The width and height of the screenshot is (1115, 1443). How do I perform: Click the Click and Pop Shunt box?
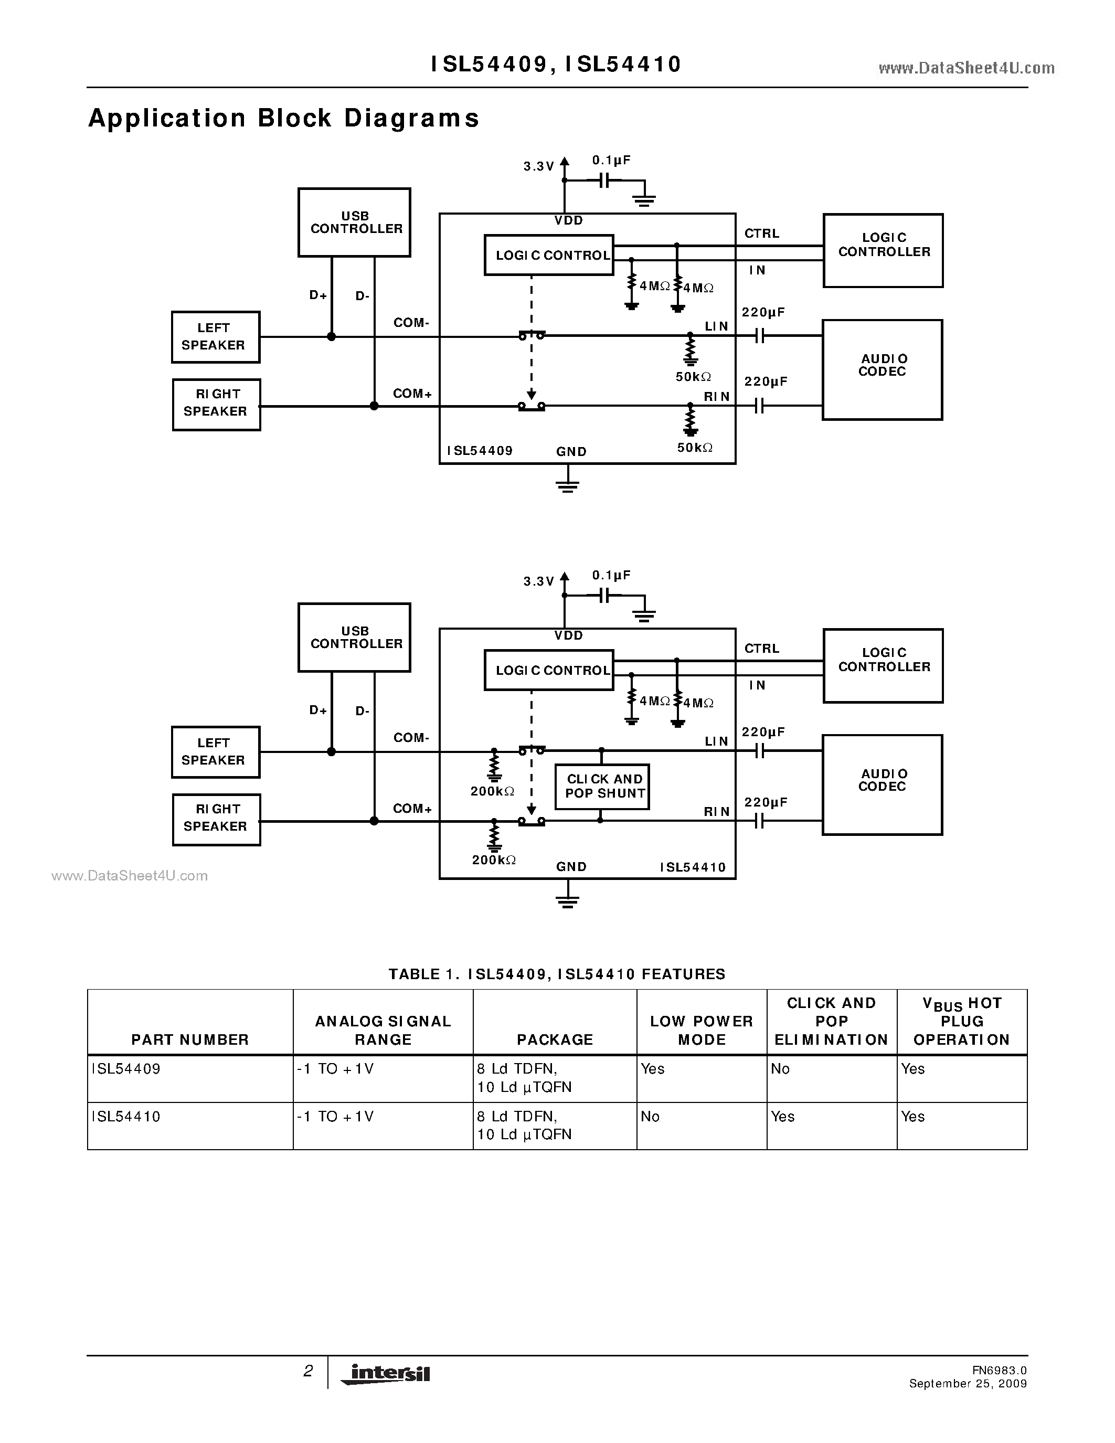(x=602, y=786)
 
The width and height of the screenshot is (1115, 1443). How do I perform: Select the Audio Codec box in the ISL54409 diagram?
(x=882, y=369)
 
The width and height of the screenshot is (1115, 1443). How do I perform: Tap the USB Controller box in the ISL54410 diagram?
(x=354, y=638)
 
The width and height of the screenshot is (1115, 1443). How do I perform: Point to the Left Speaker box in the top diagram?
(x=215, y=337)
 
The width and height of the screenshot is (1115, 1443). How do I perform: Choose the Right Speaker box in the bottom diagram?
(x=216, y=819)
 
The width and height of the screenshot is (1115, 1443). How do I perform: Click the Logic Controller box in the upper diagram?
(x=883, y=250)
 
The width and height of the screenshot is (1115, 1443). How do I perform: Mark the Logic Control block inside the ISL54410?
(x=549, y=671)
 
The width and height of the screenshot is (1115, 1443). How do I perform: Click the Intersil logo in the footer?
(x=386, y=1373)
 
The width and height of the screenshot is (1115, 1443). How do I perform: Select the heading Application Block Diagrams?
(x=283, y=118)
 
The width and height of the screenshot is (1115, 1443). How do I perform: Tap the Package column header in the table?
(x=555, y=1039)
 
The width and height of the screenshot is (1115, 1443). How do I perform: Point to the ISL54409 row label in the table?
(x=126, y=1068)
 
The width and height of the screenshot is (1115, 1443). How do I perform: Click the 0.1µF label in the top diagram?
(x=611, y=161)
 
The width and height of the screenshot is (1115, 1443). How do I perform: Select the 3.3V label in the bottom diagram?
(x=538, y=581)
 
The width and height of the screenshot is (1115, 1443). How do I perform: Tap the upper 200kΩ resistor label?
(x=492, y=791)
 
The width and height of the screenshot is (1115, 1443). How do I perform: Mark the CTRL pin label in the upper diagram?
(x=761, y=233)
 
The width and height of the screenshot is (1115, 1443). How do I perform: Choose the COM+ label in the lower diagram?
(x=412, y=809)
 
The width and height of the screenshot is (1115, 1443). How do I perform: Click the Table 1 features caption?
(x=557, y=974)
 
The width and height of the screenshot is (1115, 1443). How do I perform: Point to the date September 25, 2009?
(x=968, y=1384)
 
